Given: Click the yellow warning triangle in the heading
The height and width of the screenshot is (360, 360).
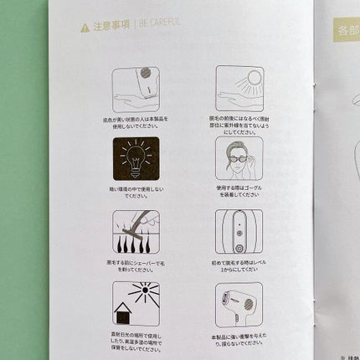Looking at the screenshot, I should point(85,28).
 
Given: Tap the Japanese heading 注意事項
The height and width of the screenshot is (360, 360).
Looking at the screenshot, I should point(110,27).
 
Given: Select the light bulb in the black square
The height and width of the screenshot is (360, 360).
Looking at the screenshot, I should point(136,157).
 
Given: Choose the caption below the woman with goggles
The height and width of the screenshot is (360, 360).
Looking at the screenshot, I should point(239,193).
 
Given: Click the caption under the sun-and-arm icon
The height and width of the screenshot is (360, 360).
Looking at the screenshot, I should point(239,125).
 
